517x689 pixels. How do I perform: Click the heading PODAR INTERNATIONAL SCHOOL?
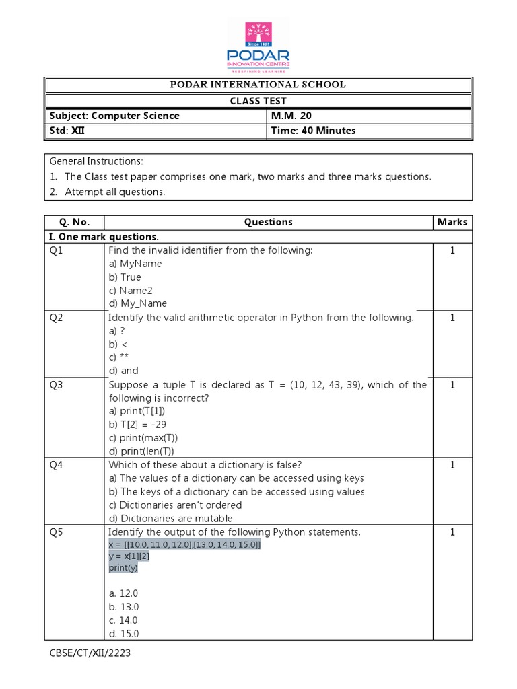pyautogui.click(x=258, y=85)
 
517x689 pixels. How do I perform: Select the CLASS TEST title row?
pyautogui.click(x=258, y=101)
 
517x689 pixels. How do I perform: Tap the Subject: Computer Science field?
pyautogui.click(x=114, y=116)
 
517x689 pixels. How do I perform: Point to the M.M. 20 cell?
pyautogui.click(x=291, y=116)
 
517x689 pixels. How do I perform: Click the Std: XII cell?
pyautogui.click(x=67, y=131)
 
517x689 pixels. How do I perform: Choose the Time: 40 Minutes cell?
pyautogui.click(x=313, y=131)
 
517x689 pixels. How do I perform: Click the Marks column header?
pyautogui.click(x=452, y=222)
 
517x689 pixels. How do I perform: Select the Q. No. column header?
pyautogui.click(x=74, y=222)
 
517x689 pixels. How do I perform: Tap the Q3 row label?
pyautogui.click(x=57, y=385)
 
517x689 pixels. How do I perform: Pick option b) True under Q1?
pyautogui.click(x=125, y=277)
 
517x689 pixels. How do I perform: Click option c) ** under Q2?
pyautogui.click(x=118, y=357)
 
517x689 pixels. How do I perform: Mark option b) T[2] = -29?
pyautogui.click(x=137, y=425)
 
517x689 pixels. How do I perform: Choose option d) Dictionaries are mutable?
pyautogui.click(x=170, y=519)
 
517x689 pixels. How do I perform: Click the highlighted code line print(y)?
pyautogui.click(x=123, y=568)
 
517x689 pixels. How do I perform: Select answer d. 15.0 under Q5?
pyautogui.click(x=123, y=634)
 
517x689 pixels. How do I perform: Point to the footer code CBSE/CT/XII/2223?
pyautogui.click(x=90, y=653)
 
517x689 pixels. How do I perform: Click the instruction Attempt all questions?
pyautogui.click(x=114, y=192)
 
